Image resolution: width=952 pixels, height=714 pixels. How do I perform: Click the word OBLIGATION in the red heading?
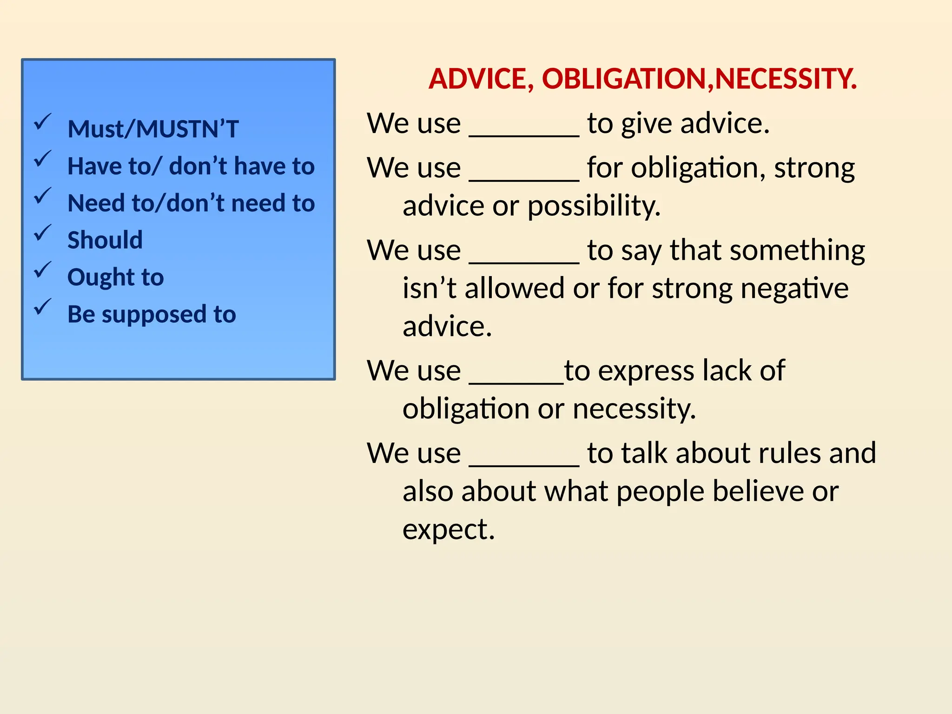point(624,79)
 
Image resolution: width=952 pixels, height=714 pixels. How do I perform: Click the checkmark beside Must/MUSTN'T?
point(43,122)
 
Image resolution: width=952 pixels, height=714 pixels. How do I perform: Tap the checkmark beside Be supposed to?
point(43,307)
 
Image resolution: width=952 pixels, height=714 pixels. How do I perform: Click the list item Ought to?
point(115,278)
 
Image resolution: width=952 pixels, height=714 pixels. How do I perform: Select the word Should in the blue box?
point(105,240)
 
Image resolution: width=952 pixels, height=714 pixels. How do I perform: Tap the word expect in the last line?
point(448,529)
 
